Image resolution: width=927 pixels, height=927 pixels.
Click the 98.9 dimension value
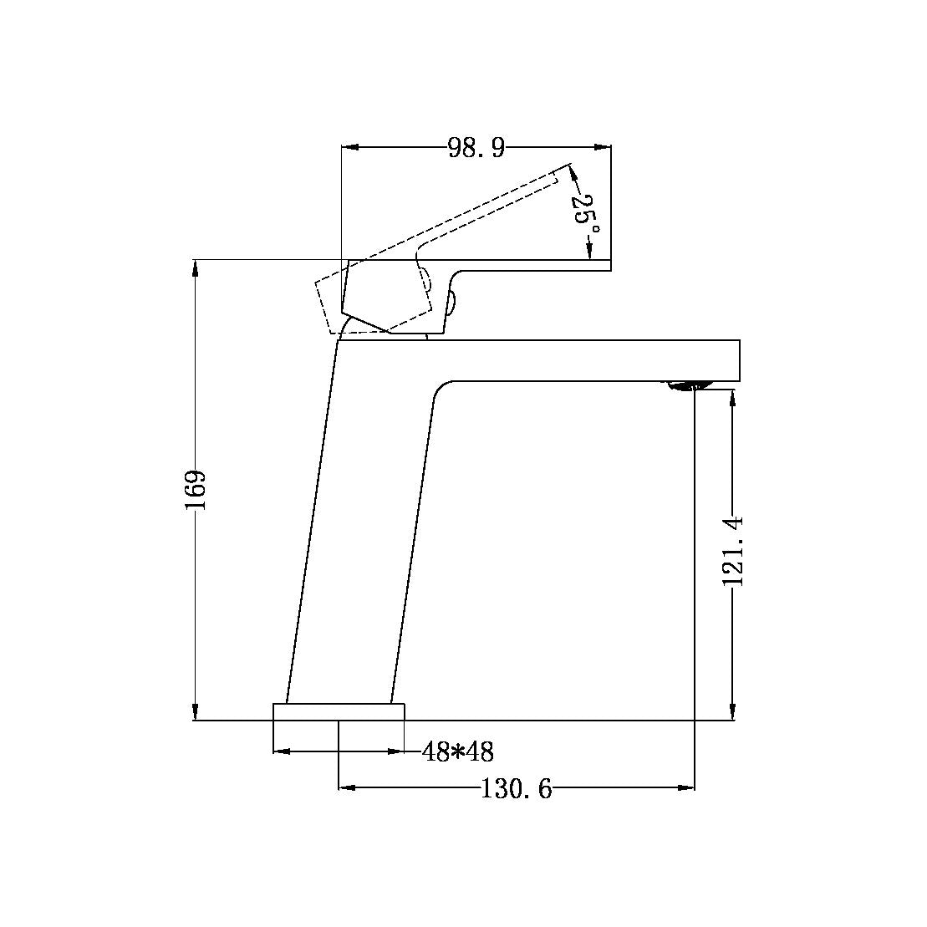point(476,148)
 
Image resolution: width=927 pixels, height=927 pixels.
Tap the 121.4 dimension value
point(733,551)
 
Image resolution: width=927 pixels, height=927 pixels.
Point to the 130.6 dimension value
point(516,788)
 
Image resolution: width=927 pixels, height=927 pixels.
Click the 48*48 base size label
point(457,752)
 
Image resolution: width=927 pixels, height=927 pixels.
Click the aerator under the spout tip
point(687,385)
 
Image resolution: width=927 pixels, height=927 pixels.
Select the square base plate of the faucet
point(339,711)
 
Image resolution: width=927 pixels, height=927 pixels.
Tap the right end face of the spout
point(740,360)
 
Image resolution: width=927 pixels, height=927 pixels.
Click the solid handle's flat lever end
point(606,266)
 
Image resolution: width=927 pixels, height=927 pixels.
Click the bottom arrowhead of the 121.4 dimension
point(733,712)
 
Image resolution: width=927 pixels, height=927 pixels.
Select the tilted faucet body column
point(359,535)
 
